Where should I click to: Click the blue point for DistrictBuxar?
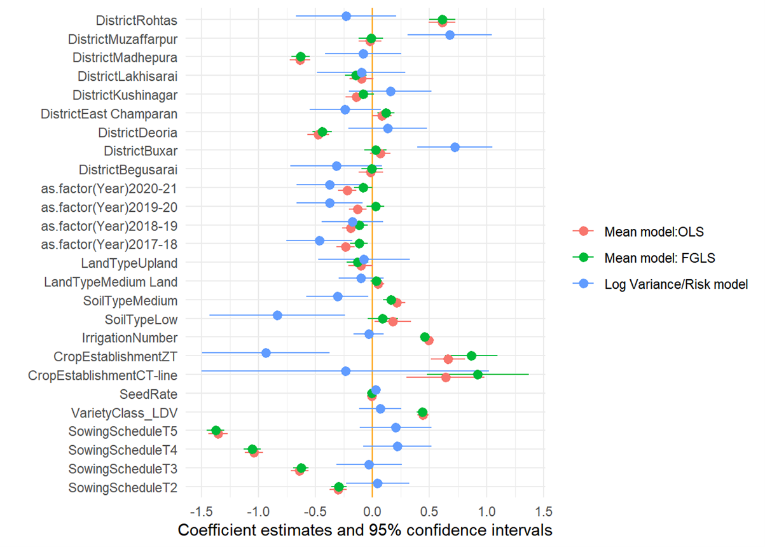click(455, 147)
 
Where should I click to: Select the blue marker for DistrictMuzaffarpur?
click(450, 35)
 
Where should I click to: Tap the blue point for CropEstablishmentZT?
click(266, 353)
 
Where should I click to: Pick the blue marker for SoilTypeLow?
click(277, 315)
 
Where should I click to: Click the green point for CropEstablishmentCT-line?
click(478, 375)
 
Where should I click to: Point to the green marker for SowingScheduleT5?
click(216, 431)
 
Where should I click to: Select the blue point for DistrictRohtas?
click(346, 16)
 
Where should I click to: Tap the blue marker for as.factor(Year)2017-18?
click(319, 240)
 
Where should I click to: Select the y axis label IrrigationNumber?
click(129, 337)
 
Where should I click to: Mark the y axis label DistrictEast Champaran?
click(109, 114)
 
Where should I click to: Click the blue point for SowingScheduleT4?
click(397, 447)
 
